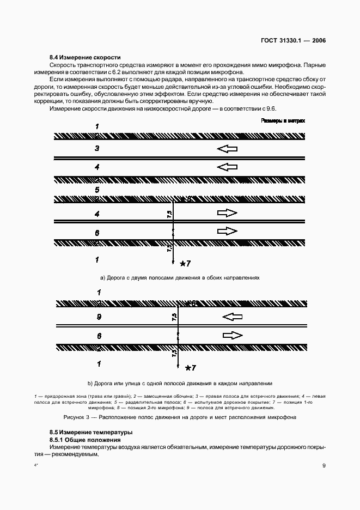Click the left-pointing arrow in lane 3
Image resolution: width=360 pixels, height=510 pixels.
pos(227,148)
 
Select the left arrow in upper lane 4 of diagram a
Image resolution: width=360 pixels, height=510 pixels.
pos(227,167)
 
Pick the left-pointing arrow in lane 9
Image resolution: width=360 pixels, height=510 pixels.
pos(233,316)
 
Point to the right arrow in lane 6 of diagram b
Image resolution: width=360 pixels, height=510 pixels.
pos(233,335)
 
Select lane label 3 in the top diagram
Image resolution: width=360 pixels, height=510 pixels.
pos(97,148)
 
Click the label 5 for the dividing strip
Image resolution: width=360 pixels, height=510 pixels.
pos(97,190)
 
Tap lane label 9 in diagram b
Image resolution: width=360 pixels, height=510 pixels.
pos(99,316)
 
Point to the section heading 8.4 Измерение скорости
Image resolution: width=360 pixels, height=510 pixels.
pos(84,57)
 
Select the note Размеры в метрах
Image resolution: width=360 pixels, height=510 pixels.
pos(283,120)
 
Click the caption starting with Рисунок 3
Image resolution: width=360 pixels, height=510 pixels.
pos(180,418)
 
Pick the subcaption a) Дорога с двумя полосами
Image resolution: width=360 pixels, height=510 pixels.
pos(180,278)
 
